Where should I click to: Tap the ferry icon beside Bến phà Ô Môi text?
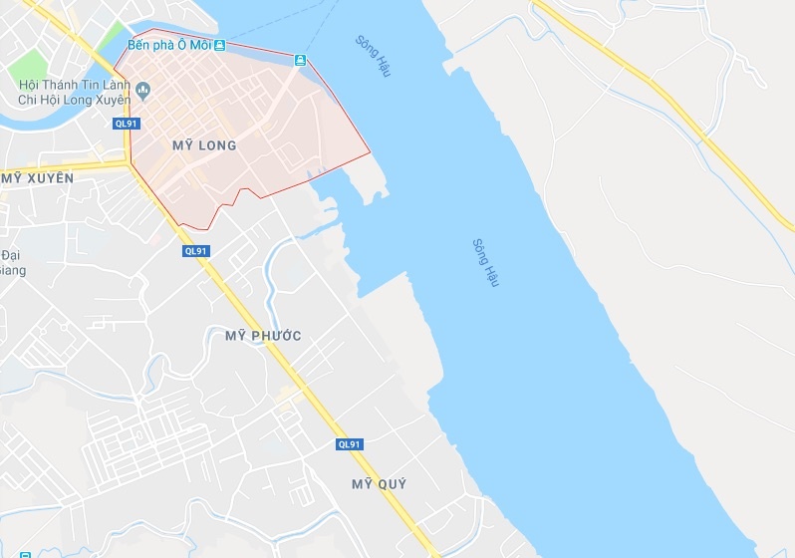click(219, 46)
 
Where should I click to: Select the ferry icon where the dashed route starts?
click(299, 62)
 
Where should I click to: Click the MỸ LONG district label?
click(204, 145)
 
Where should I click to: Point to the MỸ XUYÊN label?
click(38, 177)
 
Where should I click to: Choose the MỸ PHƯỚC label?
click(263, 336)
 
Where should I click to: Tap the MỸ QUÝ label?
click(380, 484)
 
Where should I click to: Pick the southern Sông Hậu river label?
click(485, 262)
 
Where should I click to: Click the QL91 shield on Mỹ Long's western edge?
click(127, 124)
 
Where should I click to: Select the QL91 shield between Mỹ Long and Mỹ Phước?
click(196, 251)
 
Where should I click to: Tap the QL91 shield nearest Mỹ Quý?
click(350, 444)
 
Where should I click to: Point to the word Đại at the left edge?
click(10, 255)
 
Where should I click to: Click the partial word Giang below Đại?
click(10, 269)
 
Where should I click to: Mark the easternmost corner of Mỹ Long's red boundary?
click(370, 152)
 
